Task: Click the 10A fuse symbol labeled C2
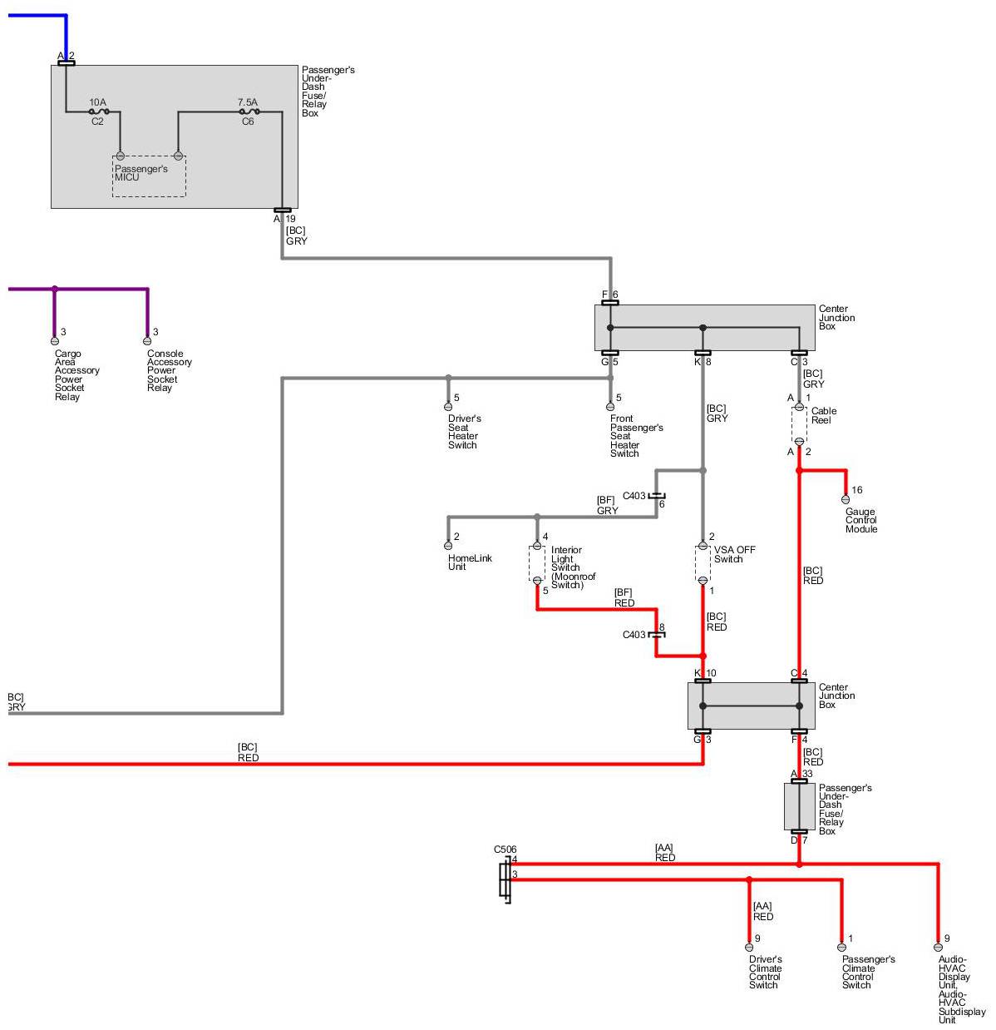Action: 98,111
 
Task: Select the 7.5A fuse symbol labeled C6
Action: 248,111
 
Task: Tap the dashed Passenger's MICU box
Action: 149,176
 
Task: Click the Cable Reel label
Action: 823,415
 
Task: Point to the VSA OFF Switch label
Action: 734,554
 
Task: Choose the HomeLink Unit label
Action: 470,562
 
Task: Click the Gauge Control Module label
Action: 861,521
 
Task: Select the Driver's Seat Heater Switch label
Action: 464,432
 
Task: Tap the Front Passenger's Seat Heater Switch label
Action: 636,436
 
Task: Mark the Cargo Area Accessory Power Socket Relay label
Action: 76,375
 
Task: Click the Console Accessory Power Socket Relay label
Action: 169,370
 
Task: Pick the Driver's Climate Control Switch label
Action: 765,972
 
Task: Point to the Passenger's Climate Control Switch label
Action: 868,972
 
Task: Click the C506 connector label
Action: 505,849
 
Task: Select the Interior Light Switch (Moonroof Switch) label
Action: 573,567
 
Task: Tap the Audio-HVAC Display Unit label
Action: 961,989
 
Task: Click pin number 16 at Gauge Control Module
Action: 857,490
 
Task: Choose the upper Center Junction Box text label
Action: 836,317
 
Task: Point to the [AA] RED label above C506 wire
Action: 664,853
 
